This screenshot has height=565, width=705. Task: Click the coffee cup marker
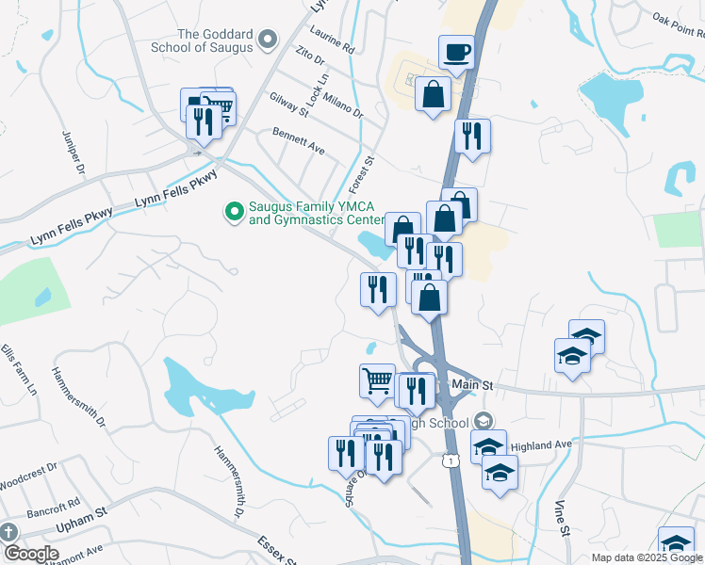[457, 53]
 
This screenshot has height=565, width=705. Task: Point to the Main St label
[472, 384]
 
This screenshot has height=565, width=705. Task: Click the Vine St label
[562, 518]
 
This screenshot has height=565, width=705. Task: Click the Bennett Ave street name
[298, 143]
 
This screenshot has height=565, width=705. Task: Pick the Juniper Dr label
[74, 153]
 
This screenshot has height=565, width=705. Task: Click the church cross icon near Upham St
[8, 531]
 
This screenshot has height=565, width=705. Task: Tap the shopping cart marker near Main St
[377, 381]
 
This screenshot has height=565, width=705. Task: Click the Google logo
[30, 554]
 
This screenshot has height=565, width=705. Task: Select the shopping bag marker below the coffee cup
[433, 94]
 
